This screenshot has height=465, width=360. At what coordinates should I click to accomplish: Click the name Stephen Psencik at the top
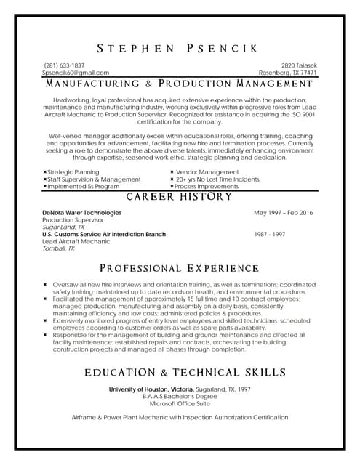pos(180,49)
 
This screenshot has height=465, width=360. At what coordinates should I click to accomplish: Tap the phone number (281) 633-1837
pos(64,65)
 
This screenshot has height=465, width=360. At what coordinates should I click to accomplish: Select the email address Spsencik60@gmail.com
pos(76,73)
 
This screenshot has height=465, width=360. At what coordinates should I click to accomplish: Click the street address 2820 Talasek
pos(299,65)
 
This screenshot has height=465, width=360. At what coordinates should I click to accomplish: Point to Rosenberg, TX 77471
pos(288,73)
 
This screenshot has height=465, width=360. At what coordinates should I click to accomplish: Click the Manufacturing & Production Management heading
pos(180,84)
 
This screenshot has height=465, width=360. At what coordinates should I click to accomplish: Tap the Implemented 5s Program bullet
pos(82,186)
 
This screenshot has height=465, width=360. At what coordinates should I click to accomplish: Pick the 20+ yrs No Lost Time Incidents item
pos(217,179)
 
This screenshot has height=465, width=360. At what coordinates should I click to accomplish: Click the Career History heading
pos(180,198)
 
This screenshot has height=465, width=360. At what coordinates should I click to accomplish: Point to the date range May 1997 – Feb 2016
pos(284,212)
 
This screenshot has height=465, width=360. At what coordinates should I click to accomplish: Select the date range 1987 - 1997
pos(270,234)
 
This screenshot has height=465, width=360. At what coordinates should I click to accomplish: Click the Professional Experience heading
pos(180,267)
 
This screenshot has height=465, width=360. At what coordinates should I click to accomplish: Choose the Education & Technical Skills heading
pos(185,372)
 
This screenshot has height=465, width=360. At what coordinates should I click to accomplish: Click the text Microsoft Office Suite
pos(180,403)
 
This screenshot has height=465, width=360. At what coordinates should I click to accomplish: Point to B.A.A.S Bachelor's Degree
pos(180,396)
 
